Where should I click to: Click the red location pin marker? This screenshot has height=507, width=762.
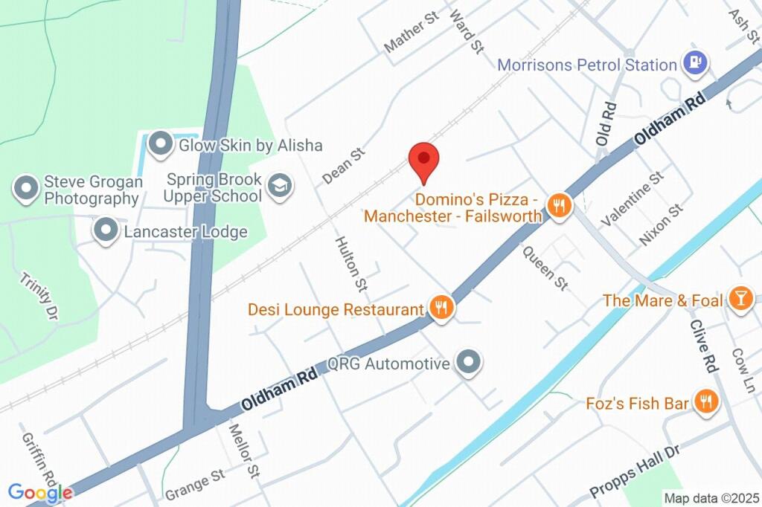(x=424, y=159)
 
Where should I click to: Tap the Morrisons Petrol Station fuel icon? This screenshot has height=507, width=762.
(x=695, y=65)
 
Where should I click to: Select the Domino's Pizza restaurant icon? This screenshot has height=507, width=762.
(x=558, y=206)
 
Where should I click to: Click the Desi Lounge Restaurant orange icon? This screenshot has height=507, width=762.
(x=441, y=308)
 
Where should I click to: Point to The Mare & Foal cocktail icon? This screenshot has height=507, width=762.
(x=740, y=300)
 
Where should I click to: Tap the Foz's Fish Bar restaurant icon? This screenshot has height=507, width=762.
(x=705, y=403)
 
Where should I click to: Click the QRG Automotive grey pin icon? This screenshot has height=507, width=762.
(x=469, y=364)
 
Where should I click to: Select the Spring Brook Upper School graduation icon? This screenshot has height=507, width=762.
(x=280, y=186)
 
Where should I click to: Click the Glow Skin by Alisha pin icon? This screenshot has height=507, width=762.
(x=160, y=144)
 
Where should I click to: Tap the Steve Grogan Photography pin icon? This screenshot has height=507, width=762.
(x=27, y=189)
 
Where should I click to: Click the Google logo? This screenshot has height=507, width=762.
(x=40, y=492)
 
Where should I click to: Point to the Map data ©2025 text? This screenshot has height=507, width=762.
(x=711, y=498)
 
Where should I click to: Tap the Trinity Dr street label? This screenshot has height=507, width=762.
(x=39, y=297)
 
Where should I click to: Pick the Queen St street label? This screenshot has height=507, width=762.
(x=545, y=268)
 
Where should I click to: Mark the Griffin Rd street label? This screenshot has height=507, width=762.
(x=39, y=459)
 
